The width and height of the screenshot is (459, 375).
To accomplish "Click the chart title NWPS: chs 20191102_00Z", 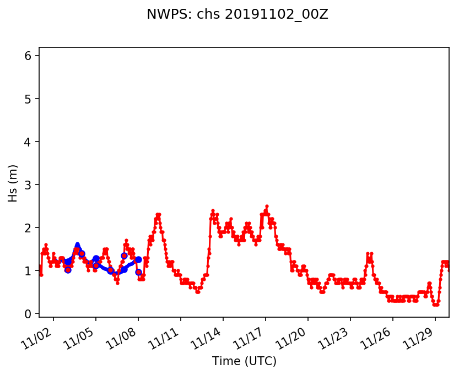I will (237, 15).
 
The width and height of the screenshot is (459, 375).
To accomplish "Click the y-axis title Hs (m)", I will (13, 183).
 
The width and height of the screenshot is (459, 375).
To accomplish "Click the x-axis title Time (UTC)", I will (244, 361).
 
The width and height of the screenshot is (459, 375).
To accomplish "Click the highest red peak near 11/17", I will (267, 206).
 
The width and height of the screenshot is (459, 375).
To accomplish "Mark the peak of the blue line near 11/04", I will (77, 244).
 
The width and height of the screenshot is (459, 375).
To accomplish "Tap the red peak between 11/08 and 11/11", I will (158, 215).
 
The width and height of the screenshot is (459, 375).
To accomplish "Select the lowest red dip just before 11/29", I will (436, 305).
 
